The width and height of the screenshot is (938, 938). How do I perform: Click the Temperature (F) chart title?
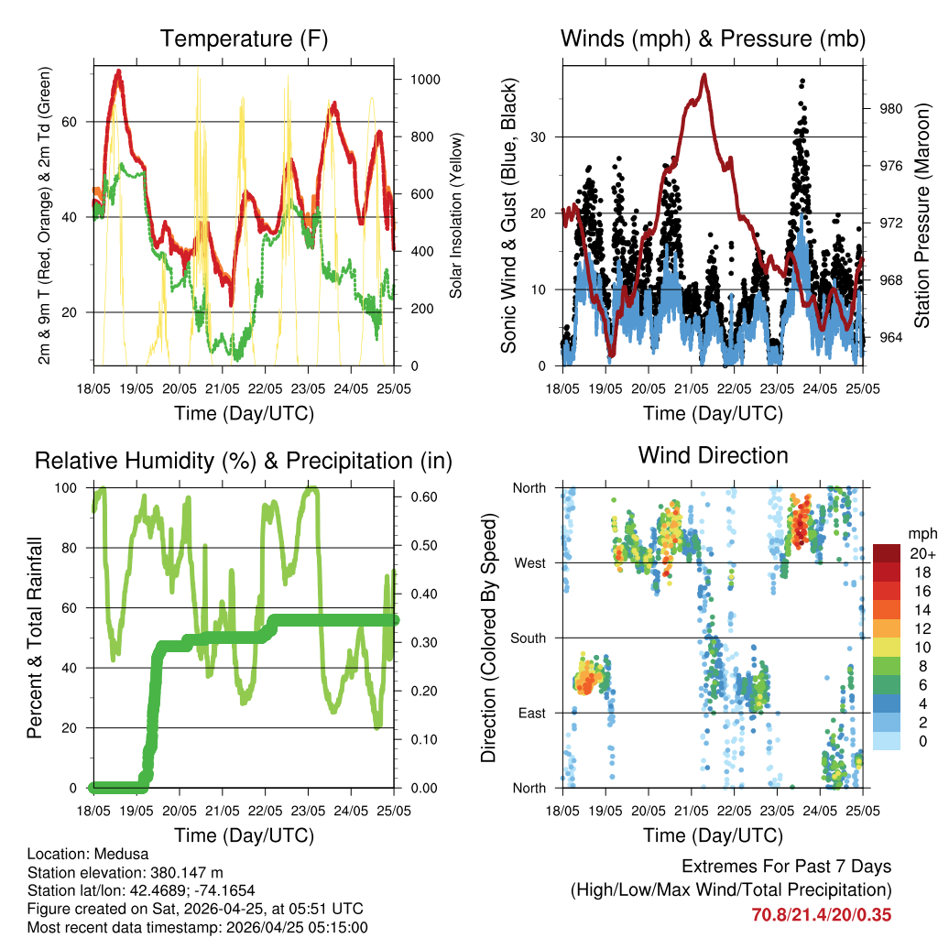(244, 39)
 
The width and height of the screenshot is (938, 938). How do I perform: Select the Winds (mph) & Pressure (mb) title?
(713, 39)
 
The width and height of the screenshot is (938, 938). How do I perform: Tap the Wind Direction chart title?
(713, 455)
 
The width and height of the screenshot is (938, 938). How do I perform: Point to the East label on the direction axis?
(530, 713)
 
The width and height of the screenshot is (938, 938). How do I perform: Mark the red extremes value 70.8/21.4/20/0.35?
(821, 914)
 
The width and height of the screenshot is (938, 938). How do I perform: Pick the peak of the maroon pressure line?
(704, 75)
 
